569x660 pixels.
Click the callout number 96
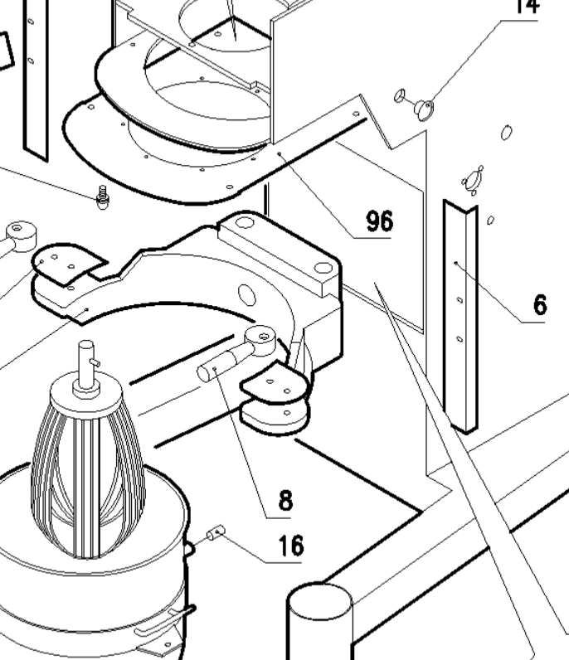(x=380, y=221)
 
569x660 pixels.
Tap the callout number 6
(x=540, y=305)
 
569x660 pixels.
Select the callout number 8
(x=285, y=500)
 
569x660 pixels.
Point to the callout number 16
(x=290, y=546)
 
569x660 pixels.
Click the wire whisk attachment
(x=86, y=468)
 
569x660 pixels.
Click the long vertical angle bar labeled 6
(x=461, y=315)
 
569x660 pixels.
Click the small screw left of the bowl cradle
(x=103, y=198)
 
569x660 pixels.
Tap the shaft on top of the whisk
(x=85, y=362)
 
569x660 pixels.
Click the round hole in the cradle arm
(x=246, y=295)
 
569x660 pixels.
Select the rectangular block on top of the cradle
(x=280, y=253)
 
